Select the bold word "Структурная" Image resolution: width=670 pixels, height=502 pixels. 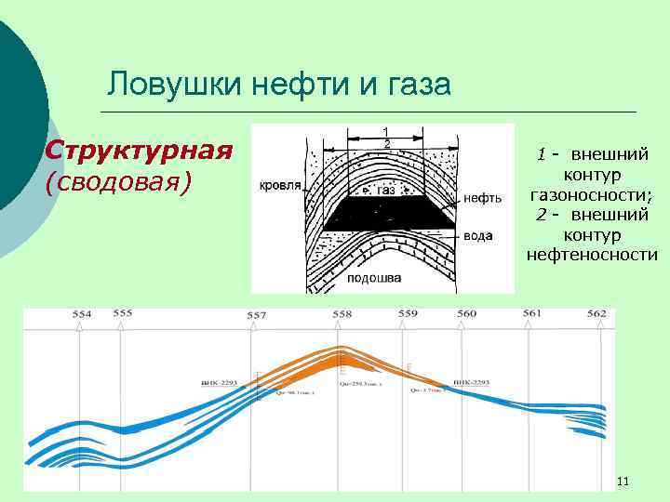(x=139, y=151)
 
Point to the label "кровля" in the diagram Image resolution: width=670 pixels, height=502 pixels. (x=280, y=185)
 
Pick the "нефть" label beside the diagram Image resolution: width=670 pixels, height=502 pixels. (x=482, y=197)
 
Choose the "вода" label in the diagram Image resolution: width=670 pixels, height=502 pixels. (x=477, y=236)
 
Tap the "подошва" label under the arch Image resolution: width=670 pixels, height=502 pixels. (x=373, y=277)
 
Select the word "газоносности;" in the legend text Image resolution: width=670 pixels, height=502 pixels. (x=591, y=194)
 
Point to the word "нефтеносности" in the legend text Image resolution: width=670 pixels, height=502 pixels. (x=591, y=255)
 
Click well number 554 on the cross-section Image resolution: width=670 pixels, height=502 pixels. (x=82, y=314)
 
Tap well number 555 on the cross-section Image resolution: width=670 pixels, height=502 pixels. (x=123, y=313)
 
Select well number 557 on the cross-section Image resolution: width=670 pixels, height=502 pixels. (x=257, y=315)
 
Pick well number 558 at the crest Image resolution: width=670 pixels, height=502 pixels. (x=342, y=314)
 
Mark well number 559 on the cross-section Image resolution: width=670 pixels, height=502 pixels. (x=408, y=314)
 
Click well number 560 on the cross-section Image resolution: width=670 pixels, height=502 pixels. (x=466, y=314)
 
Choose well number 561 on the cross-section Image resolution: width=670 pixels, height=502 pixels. (x=531, y=313)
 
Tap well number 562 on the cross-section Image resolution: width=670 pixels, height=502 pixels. (x=596, y=313)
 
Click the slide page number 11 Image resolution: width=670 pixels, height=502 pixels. (x=623, y=481)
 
